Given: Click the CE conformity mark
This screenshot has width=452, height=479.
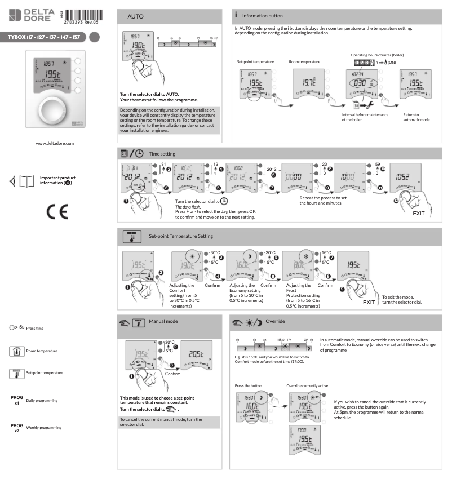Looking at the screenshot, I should coord(55,208).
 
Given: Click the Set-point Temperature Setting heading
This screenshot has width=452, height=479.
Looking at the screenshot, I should coord(181,236).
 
